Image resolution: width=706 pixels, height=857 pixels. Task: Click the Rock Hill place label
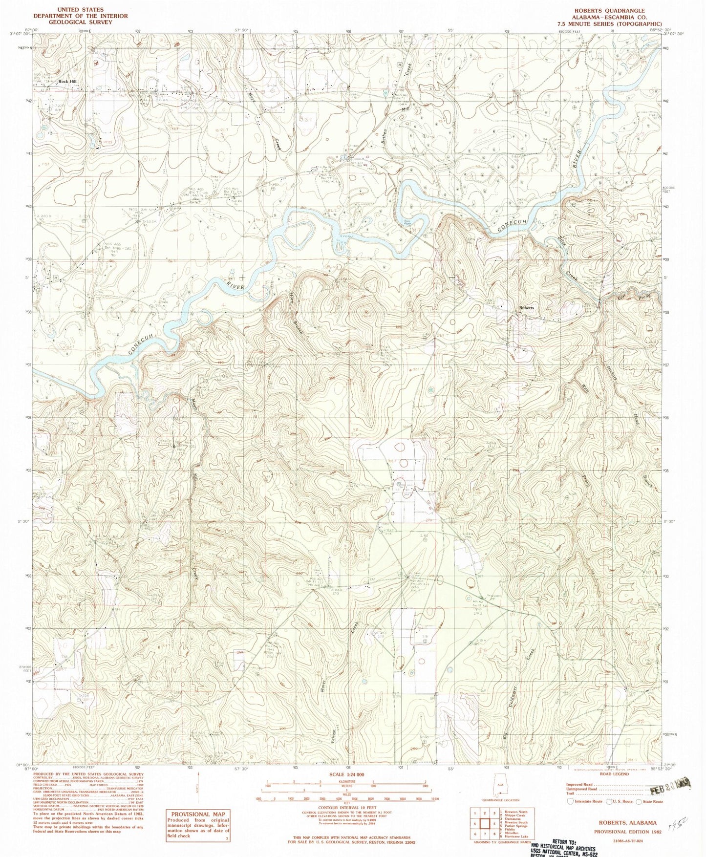coord(68,82)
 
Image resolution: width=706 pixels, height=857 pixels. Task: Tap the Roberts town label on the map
coord(526,308)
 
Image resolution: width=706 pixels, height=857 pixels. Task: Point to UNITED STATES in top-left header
coord(80,9)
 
